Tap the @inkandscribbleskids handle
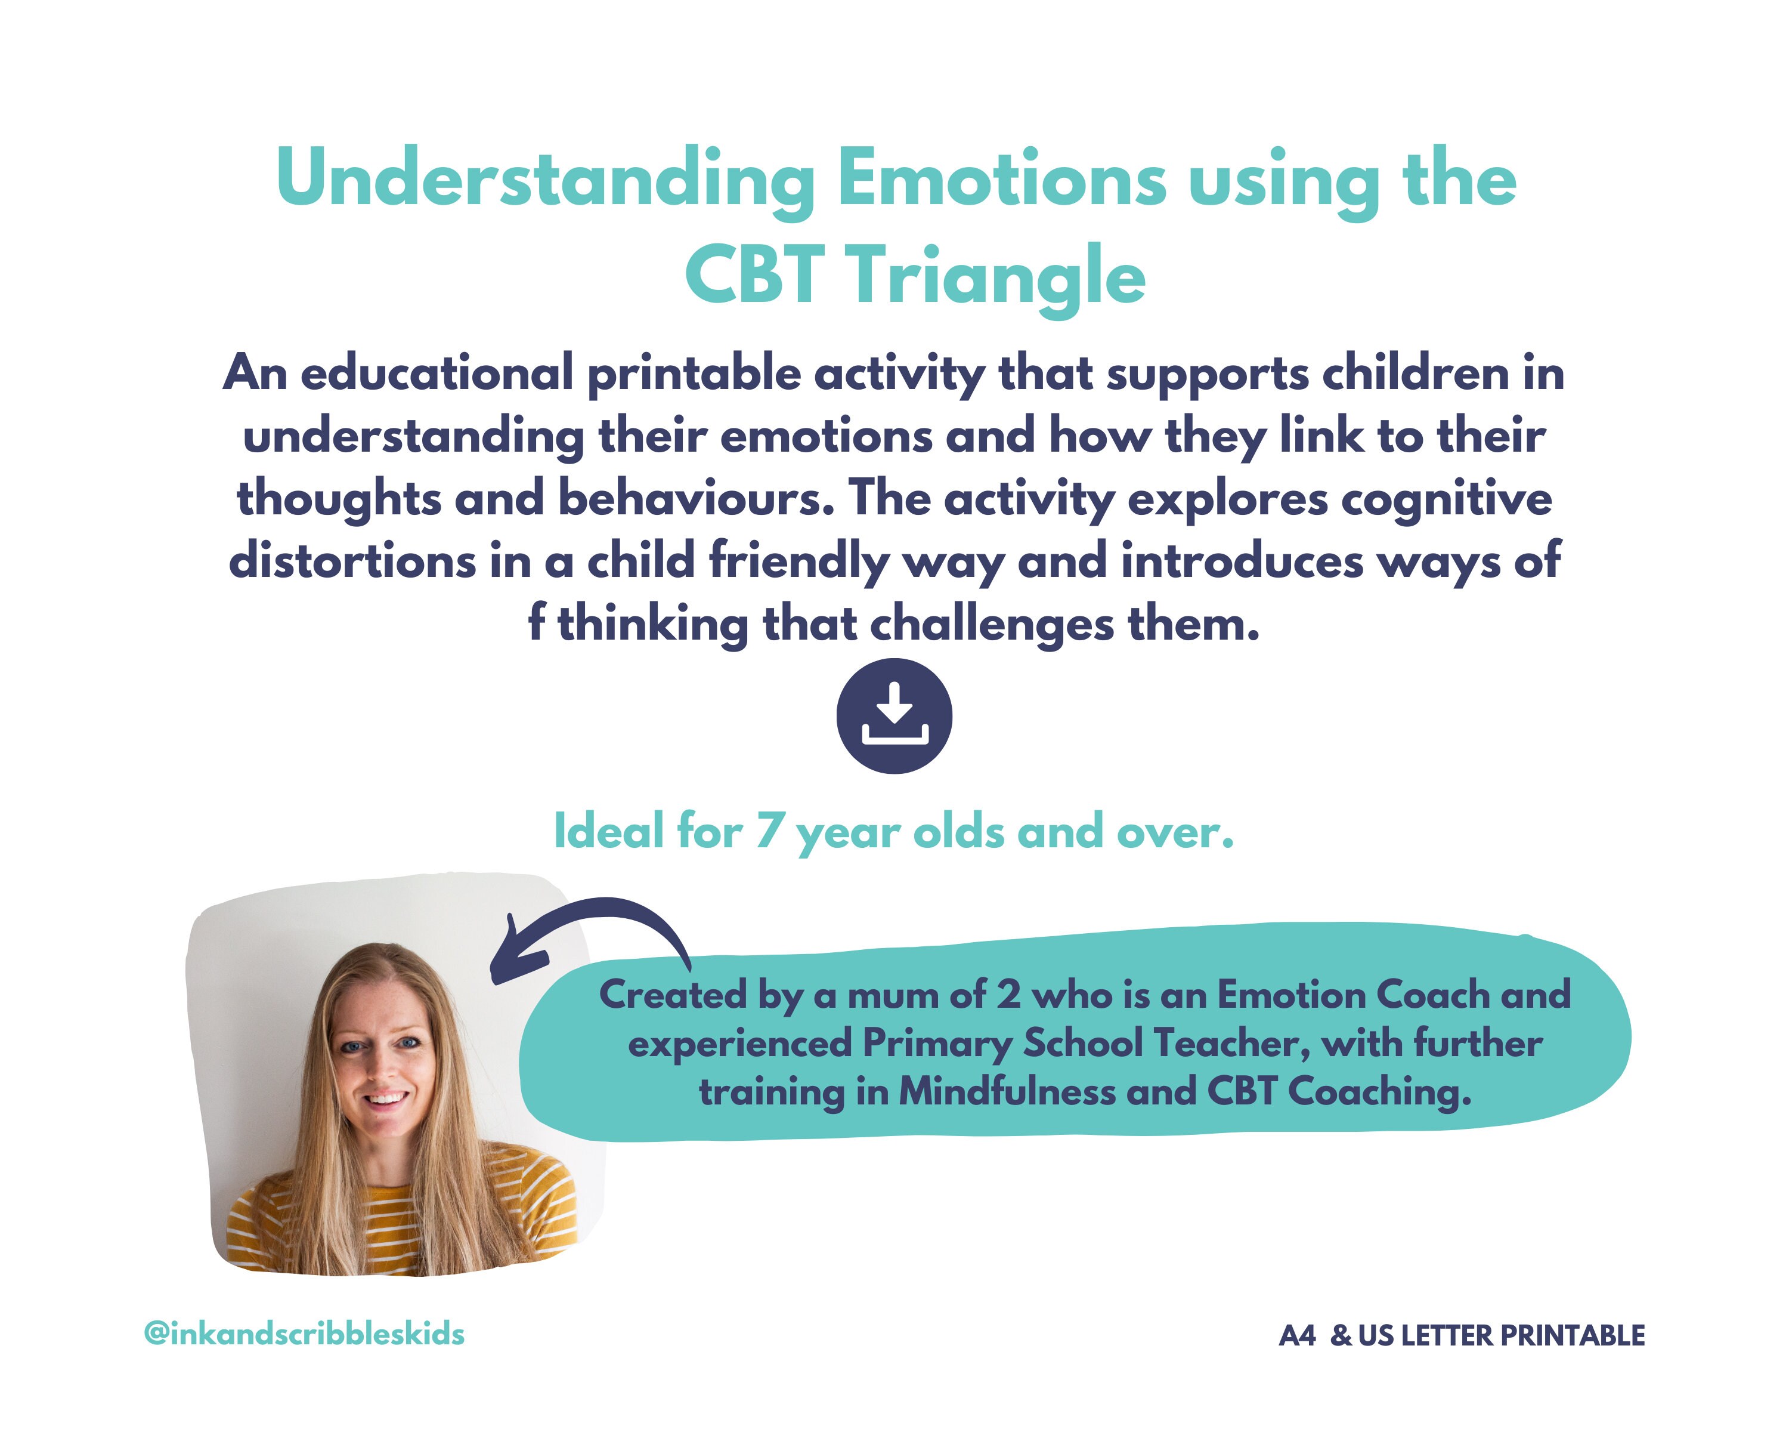304,1334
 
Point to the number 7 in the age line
768,831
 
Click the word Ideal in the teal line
608,831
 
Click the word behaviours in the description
695,499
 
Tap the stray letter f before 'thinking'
536,624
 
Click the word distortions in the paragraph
352,561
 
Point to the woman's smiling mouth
386,1098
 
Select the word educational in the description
437,373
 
